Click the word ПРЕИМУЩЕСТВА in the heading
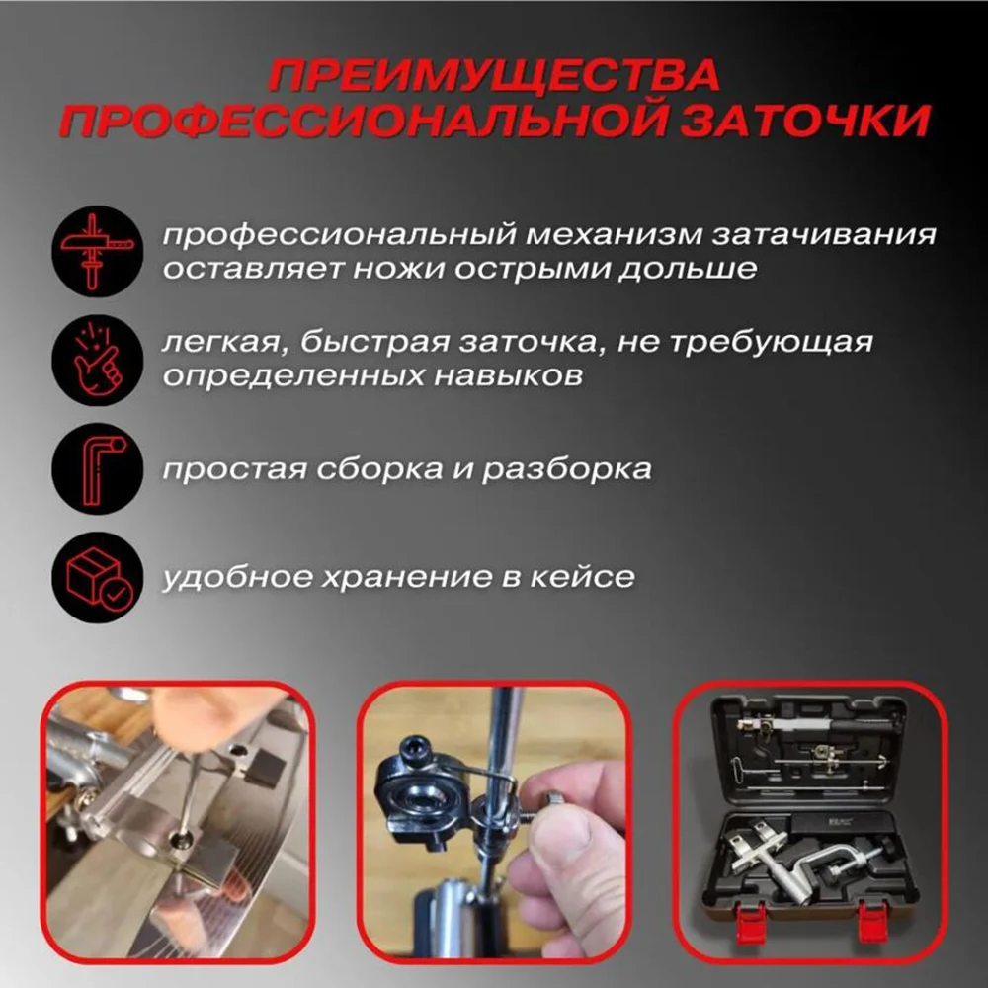tap(494, 74)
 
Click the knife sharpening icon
tap(97, 251)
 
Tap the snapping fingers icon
tap(97, 360)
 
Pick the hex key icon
tap(97, 468)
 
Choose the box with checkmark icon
tap(97, 577)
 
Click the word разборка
tap(566, 469)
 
